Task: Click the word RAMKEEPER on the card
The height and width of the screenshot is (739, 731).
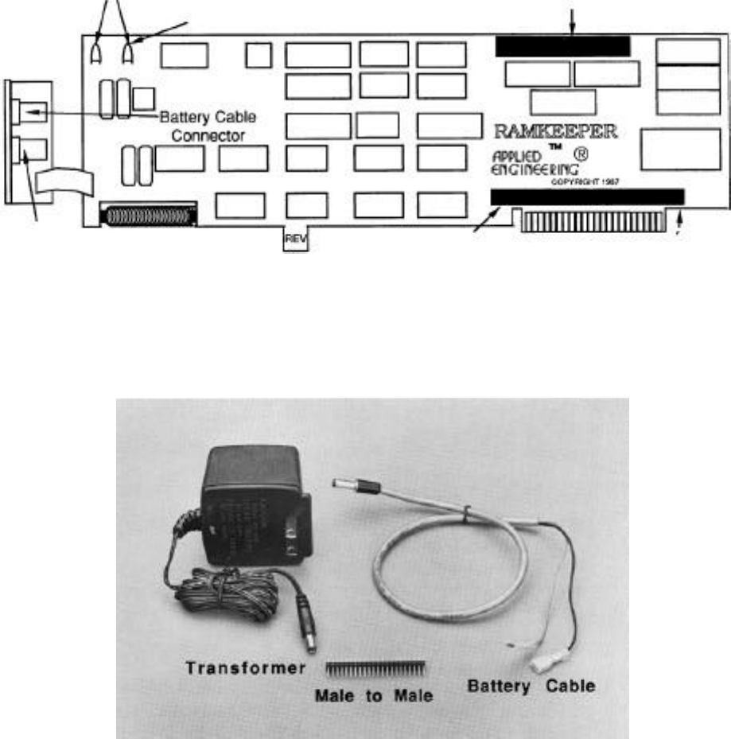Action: (x=556, y=130)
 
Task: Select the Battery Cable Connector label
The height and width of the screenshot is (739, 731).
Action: (x=208, y=126)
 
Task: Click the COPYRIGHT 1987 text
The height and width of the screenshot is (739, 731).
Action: (x=585, y=181)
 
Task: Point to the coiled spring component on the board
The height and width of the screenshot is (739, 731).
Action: (x=148, y=216)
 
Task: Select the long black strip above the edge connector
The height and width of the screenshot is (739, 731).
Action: (x=587, y=196)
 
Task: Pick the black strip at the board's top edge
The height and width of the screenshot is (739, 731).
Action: (x=562, y=46)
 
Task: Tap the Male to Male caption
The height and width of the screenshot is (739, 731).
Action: (x=374, y=697)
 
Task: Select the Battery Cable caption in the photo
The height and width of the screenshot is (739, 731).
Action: (x=531, y=685)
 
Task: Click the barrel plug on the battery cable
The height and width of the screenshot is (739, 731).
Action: (x=348, y=484)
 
